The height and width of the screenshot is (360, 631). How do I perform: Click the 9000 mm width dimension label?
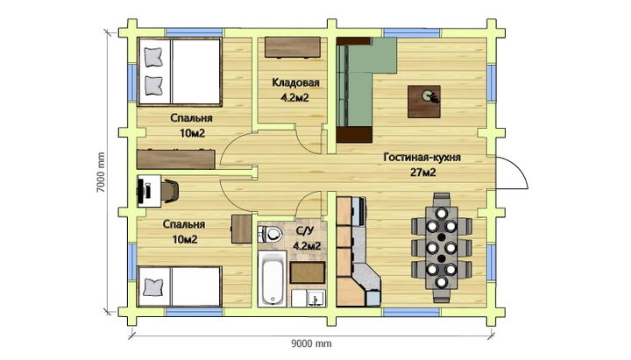(311, 343)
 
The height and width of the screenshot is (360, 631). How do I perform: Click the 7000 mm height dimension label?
(101, 172)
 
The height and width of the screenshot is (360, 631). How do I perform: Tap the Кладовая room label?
(295, 82)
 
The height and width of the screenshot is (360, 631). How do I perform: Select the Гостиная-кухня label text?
(422, 158)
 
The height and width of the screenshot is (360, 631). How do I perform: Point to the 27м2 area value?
(423, 173)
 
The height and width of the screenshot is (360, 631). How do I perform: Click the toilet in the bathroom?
(270, 233)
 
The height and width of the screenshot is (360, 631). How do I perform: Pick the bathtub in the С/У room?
(273, 279)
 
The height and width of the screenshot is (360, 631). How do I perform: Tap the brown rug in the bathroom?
(308, 272)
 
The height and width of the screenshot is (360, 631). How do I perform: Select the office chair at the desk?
(170, 190)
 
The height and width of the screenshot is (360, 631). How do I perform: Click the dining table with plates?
(442, 248)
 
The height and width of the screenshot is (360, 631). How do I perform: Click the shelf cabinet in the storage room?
(293, 48)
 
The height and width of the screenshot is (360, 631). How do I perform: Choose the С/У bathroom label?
(306, 231)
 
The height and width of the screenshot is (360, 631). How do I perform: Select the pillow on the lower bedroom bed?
(153, 286)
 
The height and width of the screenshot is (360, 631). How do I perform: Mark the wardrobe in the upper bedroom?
(176, 159)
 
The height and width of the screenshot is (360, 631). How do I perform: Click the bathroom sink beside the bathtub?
(308, 298)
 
